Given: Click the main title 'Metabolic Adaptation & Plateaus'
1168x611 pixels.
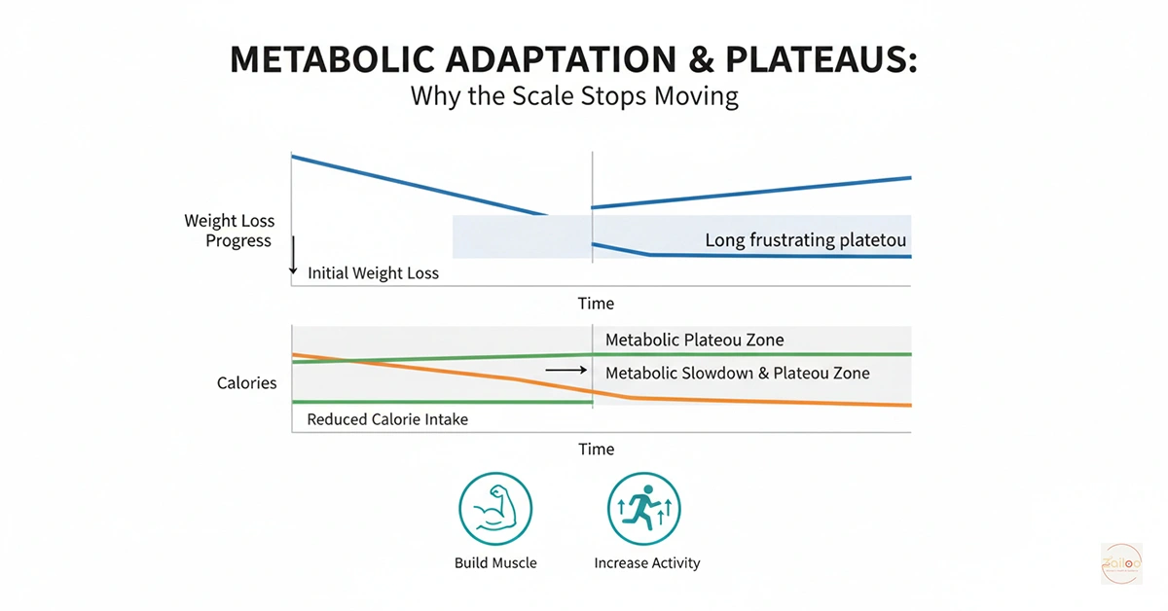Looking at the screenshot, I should (573, 59).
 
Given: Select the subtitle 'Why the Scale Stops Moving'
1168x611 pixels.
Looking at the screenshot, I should (573, 97).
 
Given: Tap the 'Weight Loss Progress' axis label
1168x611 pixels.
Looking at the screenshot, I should (230, 231).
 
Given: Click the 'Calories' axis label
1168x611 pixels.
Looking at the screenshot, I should (246, 383).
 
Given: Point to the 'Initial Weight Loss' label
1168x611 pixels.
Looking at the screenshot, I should (373, 273).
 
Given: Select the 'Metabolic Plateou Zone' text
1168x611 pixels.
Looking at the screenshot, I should (694, 340).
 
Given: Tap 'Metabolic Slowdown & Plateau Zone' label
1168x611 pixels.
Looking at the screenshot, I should (737, 373).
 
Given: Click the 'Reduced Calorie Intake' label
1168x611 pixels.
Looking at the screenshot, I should (386, 419).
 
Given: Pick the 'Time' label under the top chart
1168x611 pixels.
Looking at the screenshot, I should (596, 304).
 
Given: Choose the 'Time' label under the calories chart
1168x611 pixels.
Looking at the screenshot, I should (596, 449).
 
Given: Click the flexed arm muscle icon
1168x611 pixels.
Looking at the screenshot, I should (495, 511).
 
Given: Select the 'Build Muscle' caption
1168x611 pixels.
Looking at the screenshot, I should (495, 562).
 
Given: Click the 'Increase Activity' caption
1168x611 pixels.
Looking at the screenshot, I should (646, 562).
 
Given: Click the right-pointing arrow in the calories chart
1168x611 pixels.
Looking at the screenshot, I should (566, 371).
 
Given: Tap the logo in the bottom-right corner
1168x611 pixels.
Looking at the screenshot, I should (1121, 563).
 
